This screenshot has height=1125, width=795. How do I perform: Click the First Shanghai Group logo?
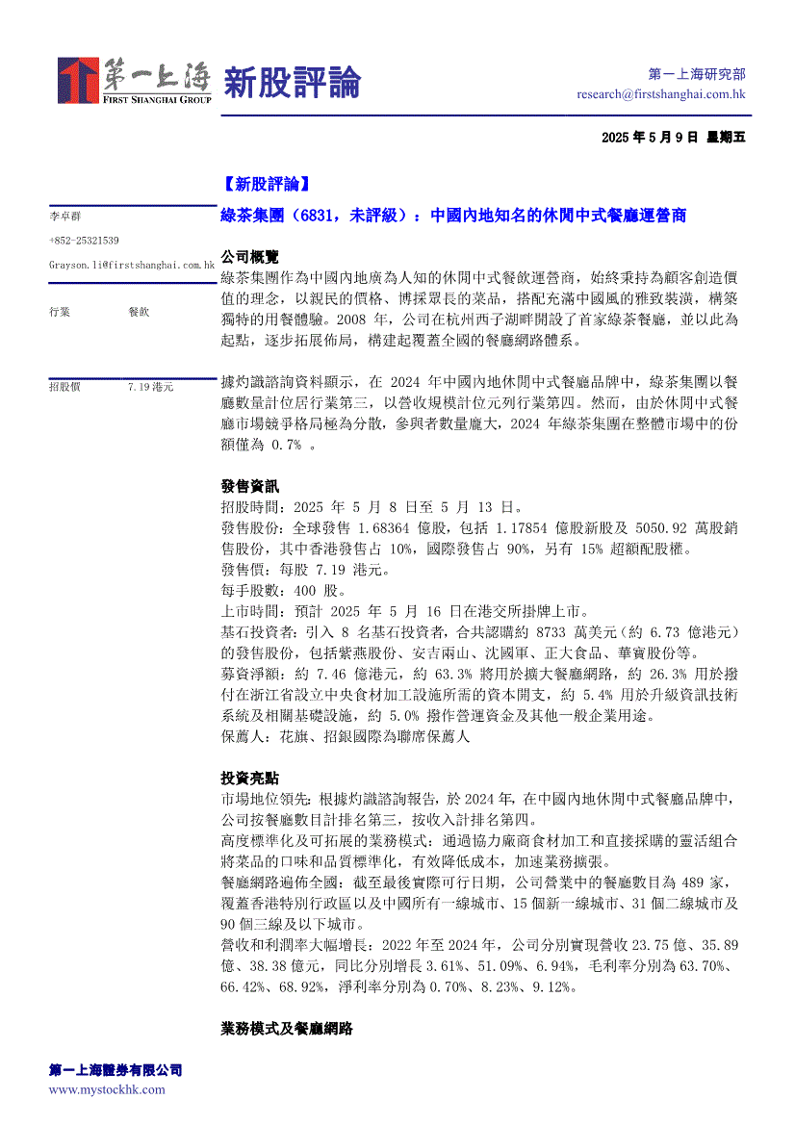[x=134, y=81]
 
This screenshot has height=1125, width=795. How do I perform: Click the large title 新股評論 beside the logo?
[x=292, y=82]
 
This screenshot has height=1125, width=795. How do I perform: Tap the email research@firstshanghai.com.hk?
[x=661, y=94]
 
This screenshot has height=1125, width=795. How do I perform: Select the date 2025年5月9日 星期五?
[x=673, y=137]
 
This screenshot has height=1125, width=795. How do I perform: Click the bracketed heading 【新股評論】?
[x=265, y=183]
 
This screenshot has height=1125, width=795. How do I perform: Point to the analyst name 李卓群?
[x=64, y=217]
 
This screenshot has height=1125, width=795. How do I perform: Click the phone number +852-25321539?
[x=84, y=240]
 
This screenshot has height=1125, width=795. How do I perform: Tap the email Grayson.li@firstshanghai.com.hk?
[x=131, y=264]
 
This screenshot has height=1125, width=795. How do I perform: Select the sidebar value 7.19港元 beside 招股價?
[x=150, y=386]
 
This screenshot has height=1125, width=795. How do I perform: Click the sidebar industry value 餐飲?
[x=139, y=312]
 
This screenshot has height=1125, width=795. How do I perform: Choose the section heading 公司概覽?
[x=249, y=257]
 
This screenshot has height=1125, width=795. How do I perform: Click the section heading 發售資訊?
[x=249, y=486]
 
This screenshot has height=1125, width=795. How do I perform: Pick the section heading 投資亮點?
[x=249, y=778]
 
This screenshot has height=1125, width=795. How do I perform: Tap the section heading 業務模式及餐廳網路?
[x=286, y=1029]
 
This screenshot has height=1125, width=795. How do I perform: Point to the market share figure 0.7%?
[x=284, y=445]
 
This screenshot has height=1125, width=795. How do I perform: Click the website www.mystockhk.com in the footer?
[x=107, y=1089]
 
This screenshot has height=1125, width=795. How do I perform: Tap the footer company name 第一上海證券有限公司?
[x=115, y=1070]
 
